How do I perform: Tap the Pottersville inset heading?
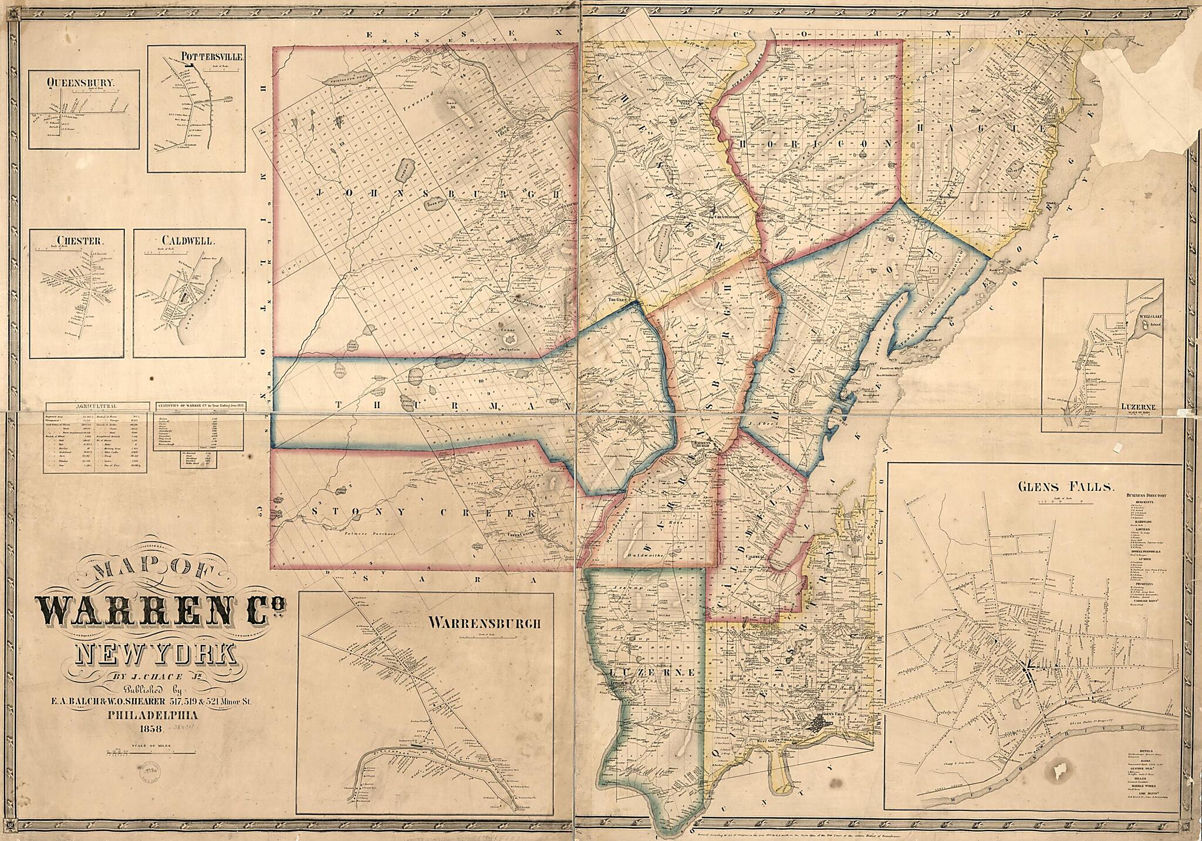click(208, 57)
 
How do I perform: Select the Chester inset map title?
click(72, 240)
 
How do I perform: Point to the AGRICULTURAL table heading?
click(96, 405)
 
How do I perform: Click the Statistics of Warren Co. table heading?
click(200, 405)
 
